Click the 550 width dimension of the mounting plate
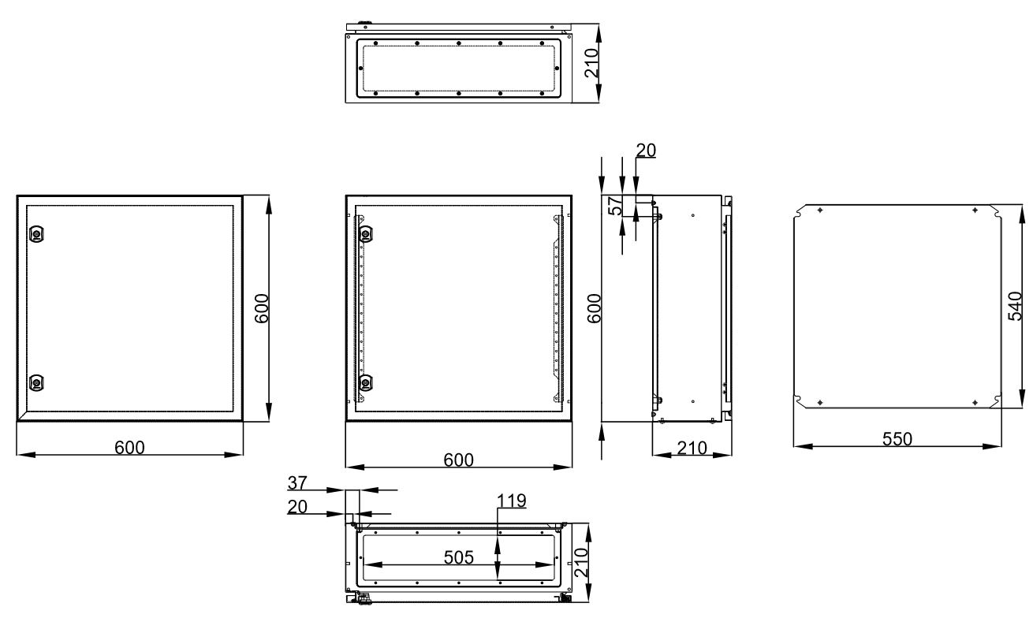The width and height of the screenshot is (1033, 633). click(897, 438)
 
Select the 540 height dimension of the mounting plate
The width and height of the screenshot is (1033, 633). click(1015, 306)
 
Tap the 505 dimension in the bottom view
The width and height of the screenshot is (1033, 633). click(458, 557)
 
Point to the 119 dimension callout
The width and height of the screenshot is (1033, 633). click(512, 501)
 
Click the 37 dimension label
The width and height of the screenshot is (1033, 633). click(297, 482)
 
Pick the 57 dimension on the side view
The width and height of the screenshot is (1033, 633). click(615, 206)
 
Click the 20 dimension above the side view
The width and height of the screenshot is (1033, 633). click(646, 150)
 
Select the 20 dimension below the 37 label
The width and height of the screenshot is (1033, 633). click(297, 507)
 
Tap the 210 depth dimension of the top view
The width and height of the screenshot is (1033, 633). click(591, 63)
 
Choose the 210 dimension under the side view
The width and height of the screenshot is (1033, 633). click(692, 448)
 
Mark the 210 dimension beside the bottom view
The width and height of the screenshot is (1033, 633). click(581, 563)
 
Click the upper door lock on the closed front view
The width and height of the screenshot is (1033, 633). click(36, 234)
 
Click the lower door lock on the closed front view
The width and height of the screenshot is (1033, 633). click(36, 382)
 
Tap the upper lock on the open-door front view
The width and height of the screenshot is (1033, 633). click(366, 234)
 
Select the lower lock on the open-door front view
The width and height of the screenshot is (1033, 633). click(366, 382)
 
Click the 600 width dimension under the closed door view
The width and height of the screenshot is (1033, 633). click(129, 448)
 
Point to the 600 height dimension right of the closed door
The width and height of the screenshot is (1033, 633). click(262, 308)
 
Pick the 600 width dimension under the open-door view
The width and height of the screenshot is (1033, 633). click(458, 460)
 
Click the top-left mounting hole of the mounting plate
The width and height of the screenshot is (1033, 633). click(820, 210)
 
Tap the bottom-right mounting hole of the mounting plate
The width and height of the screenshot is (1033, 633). click(975, 403)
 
